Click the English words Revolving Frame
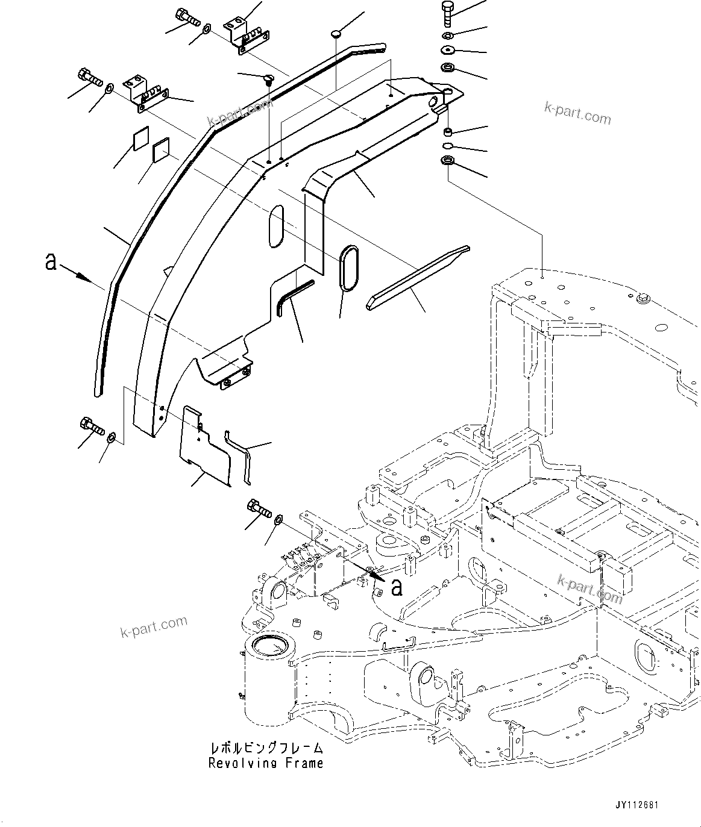coord(266,763)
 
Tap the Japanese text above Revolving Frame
coord(266,748)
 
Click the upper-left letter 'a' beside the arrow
coord(51,261)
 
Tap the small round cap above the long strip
coord(337,34)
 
